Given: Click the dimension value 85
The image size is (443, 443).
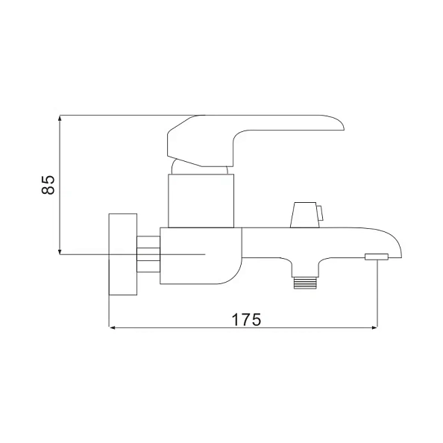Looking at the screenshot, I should point(48,184).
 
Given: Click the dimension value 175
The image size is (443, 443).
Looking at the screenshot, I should point(245,319).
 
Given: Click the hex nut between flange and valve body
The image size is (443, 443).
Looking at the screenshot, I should point(149,254).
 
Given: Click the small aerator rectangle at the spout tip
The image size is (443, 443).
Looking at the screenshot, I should point(377,257).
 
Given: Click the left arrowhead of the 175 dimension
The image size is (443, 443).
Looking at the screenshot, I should point(114,327).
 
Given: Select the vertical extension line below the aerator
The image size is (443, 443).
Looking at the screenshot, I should point(377,295).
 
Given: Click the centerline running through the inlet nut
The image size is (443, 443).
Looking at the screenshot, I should point(179,254).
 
